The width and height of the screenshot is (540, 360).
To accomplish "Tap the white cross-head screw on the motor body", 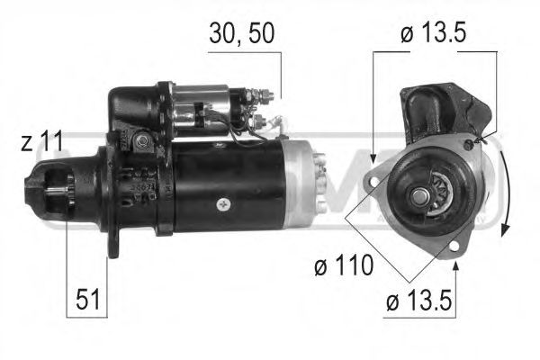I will (223, 202).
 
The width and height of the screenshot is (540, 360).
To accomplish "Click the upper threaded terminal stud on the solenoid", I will (267, 94).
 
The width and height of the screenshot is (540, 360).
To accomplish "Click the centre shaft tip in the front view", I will (420, 194).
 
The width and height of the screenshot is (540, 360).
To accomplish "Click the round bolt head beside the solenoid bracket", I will (141, 139).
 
